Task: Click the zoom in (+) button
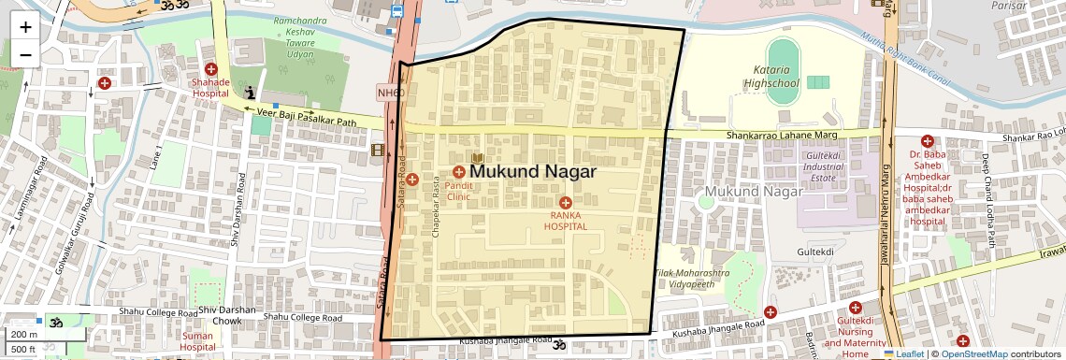pos(25,26)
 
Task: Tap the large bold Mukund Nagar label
pos(533,172)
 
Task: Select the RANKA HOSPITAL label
pos(566,221)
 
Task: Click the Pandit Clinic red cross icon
pos(459,172)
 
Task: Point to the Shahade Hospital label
pos(210,88)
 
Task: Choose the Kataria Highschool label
pos(771,77)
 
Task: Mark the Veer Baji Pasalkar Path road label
pos(309,116)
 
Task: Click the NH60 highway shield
pos(390,93)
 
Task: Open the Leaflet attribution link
pos(903,353)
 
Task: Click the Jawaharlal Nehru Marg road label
pos(883,216)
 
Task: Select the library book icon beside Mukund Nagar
pos(477,158)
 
